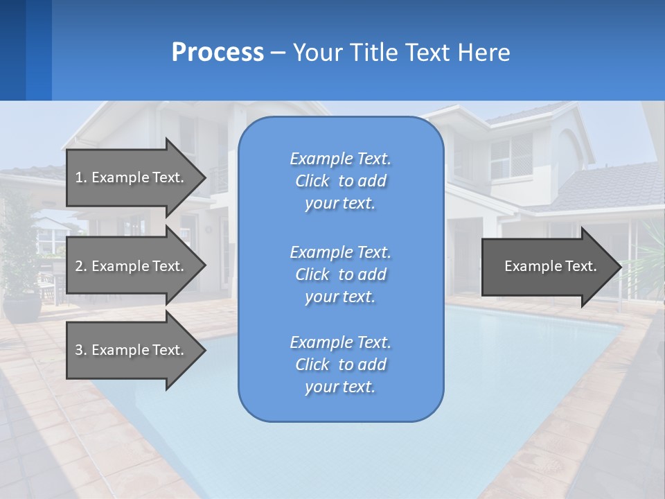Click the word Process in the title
pyautogui.click(x=218, y=53)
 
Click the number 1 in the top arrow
pyautogui.click(x=78, y=177)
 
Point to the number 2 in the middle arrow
pyautogui.click(x=79, y=266)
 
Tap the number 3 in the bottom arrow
pyautogui.click(x=79, y=350)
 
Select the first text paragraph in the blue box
pyautogui.click(x=340, y=181)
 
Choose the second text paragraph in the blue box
pyautogui.click(x=340, y=274)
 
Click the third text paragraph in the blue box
pyautogui.click(x=340, y=365)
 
